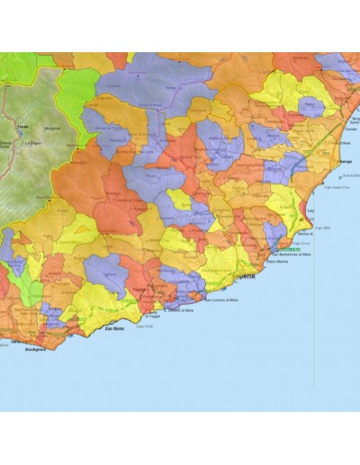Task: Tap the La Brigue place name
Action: click(35, 142)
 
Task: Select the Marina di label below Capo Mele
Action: click(303, 232)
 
